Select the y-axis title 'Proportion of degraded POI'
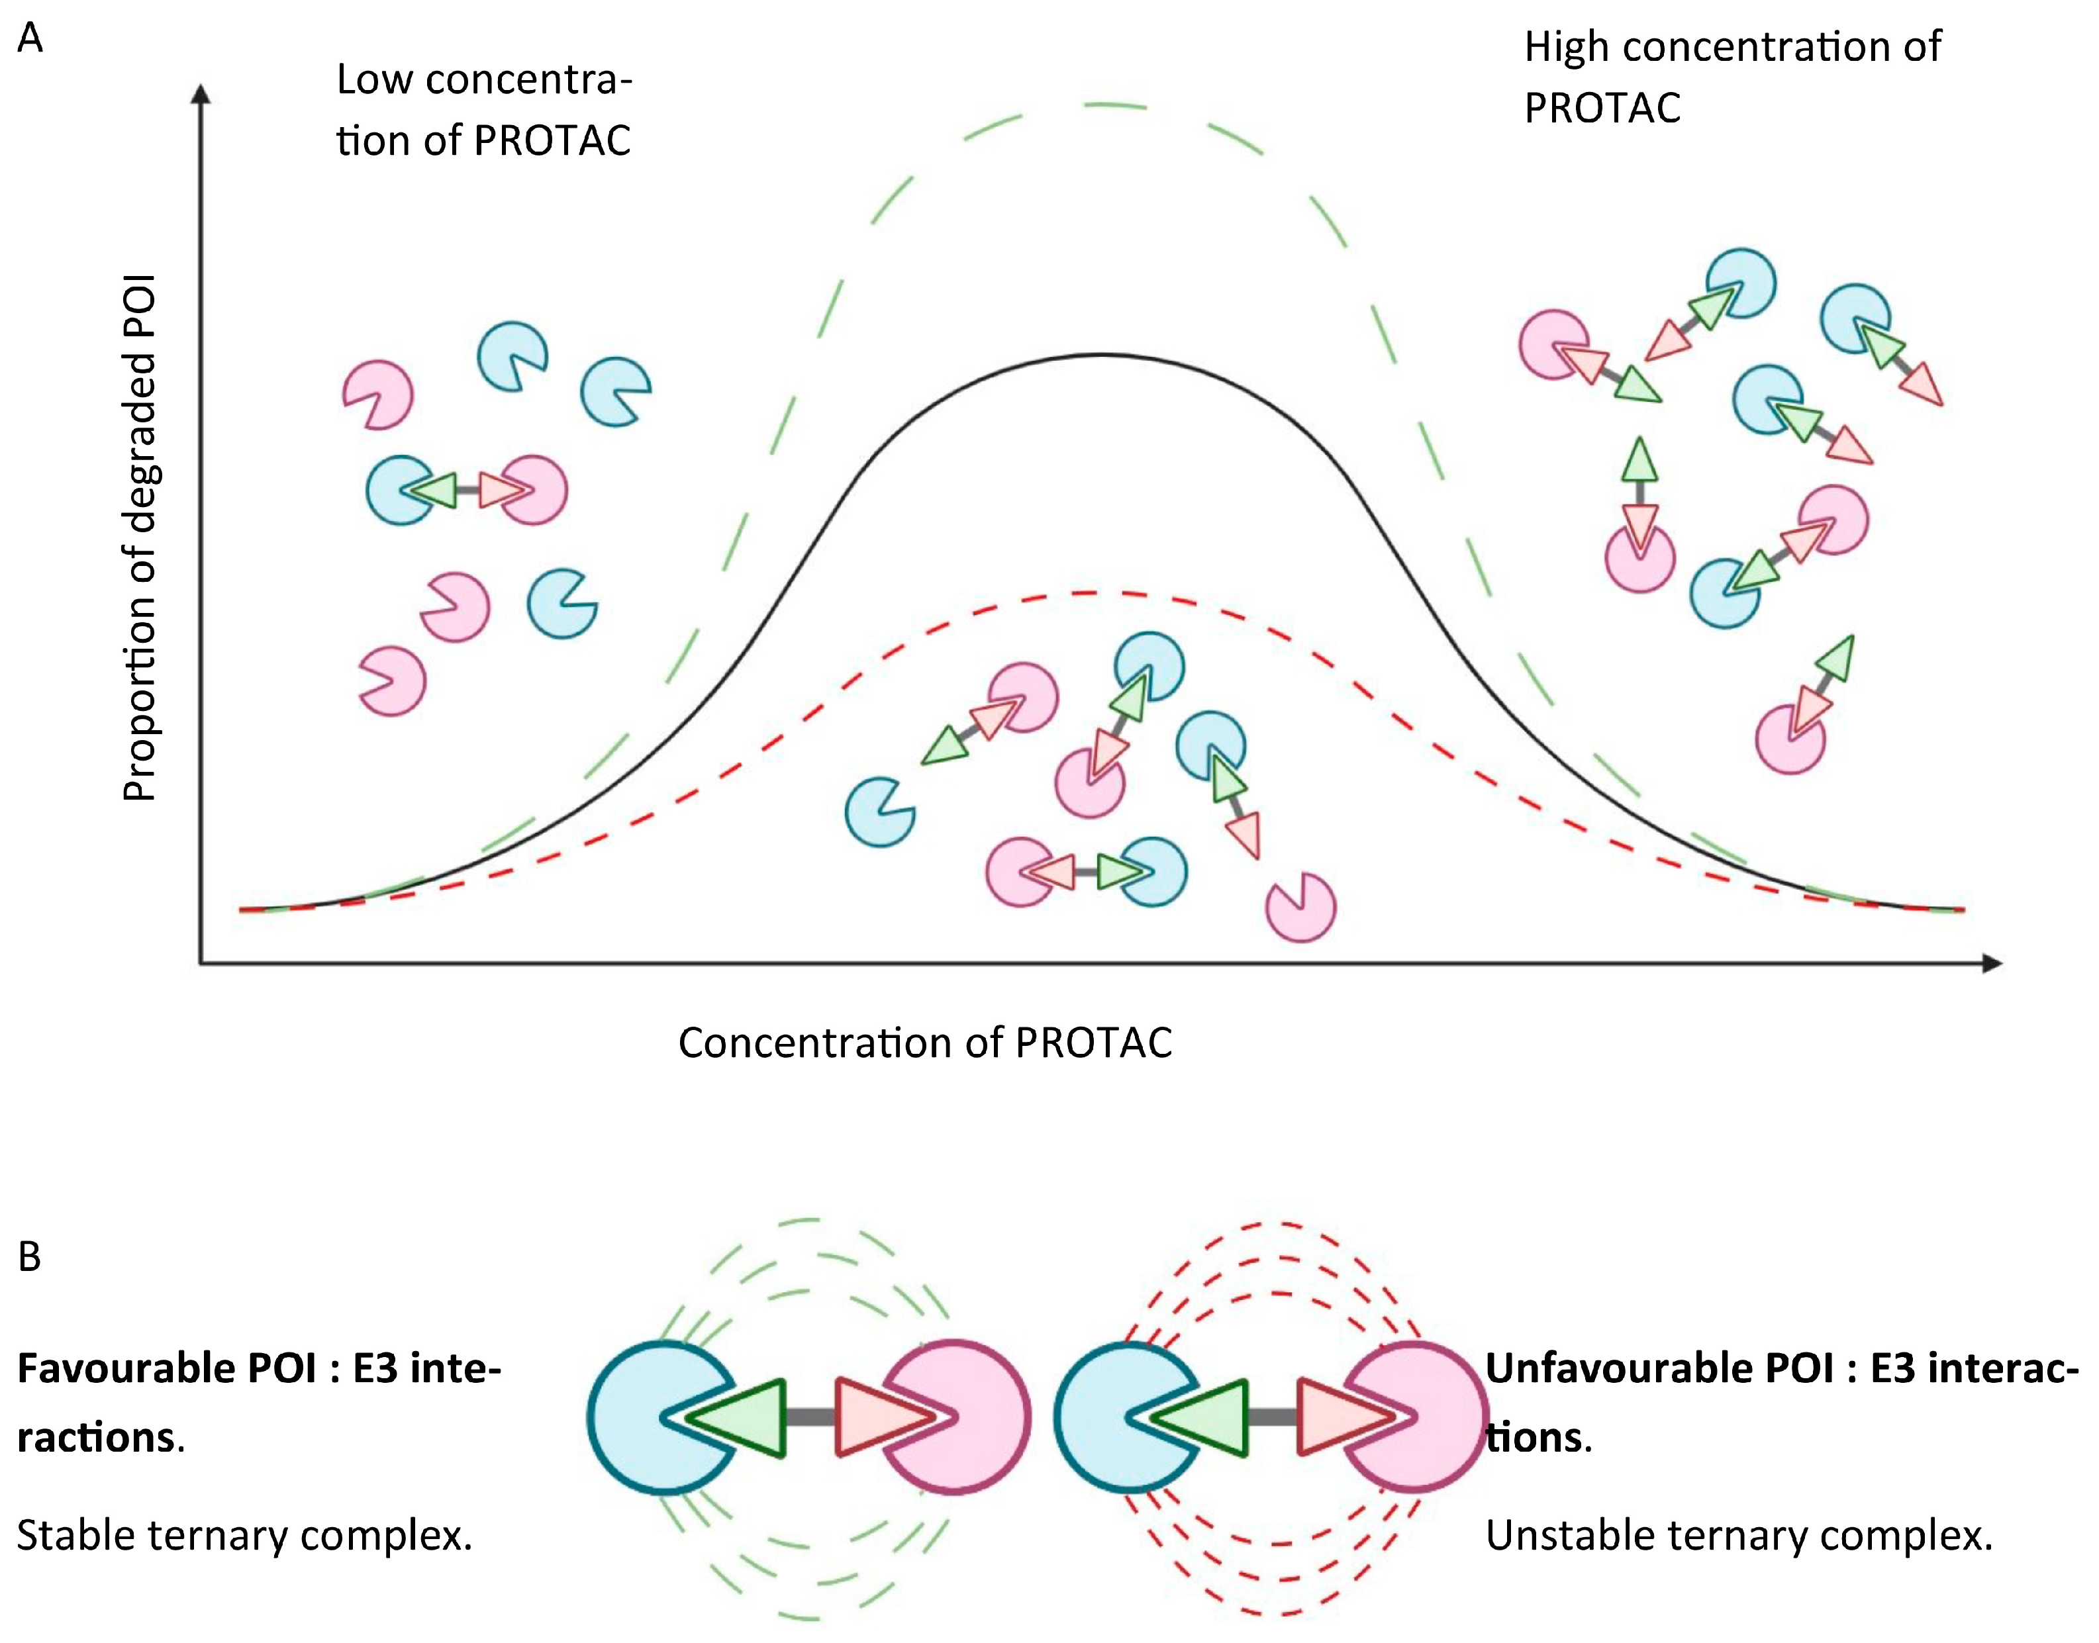[140, 539]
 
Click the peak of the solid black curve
[1101, 356]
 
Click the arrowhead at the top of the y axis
[201, 93]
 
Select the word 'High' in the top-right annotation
[1566, 47]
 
